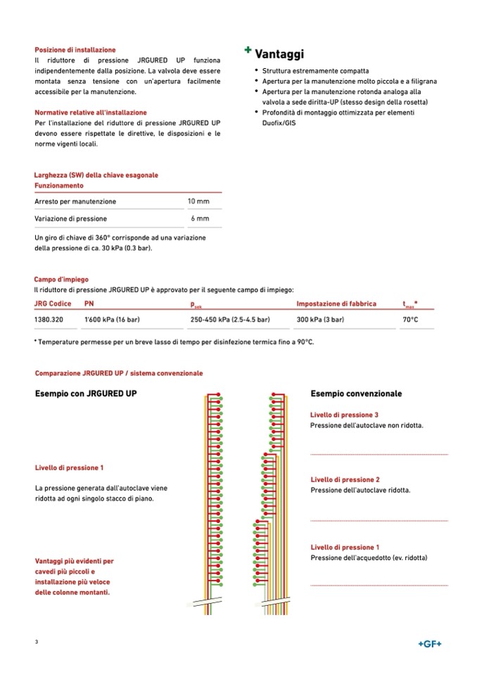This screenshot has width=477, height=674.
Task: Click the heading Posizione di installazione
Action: pyautogui.click(x=75, y=50)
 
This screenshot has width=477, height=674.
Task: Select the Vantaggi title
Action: pyautogui.click(x=279, y=54)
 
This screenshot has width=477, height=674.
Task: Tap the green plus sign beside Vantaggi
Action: pyautogui.click(x=248, y=50)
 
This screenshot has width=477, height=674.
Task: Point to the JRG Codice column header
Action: pyautogui.click(x=53, y=304)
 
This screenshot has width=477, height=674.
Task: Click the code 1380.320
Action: pyautogui.click(x=49, y=320)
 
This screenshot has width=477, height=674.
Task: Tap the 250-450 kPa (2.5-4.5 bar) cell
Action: pyautogui.click(x=230, y=320)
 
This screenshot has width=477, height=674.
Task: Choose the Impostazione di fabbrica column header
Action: pyautogui.click(x=336, y=304)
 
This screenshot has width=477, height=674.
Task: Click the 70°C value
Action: pyautogui.click(x=410, y=320)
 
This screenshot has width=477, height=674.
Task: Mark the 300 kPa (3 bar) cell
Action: pyautogui.click(x=320, y=320)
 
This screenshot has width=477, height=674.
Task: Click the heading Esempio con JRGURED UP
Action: pyautogui.click(x=86, y=394)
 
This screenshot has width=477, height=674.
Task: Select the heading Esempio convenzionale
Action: pyautogui.click(x=356, y=394)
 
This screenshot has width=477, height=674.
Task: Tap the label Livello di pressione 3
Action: pyautogui.click(x=344, y=415)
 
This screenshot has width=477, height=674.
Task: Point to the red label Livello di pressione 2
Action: pyautogui.click(x=345, y=479)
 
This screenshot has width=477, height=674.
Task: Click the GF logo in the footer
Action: pyautogui.click(x=430, y=644)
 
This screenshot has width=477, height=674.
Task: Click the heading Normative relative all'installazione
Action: pyautogui.click(x=91, y=112)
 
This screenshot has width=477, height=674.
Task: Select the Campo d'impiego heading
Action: pyautogui.click(x=61, y=279)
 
